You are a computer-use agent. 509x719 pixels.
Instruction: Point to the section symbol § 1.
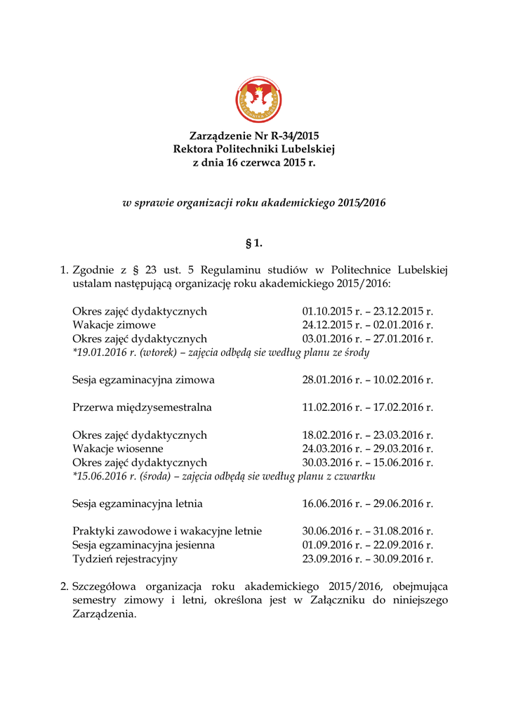[x=254, y=244]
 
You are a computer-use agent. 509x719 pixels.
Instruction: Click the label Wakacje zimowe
[x=114, y=325]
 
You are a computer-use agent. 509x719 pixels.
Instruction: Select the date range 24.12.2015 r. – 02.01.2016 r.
[x=367, y=325]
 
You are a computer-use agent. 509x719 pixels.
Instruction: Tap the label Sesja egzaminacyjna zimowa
[x=143, y=380]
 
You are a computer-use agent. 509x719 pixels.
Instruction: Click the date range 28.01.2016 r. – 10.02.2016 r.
[x=367, y=380]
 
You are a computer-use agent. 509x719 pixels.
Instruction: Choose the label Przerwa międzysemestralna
[x=142, y=407]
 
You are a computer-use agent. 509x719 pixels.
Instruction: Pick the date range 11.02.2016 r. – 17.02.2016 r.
[x=367, y=407]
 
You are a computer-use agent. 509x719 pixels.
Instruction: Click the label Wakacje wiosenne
[x=117, y=449]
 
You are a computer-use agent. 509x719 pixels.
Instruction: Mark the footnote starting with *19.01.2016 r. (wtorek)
[x=220, y=352]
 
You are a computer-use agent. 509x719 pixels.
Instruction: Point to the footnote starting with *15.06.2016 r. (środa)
[x=223, y=476]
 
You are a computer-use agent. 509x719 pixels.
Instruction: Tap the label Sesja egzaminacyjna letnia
[x=138, y=503]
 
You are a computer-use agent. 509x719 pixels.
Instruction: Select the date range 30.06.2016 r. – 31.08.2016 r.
[x=367, y=532]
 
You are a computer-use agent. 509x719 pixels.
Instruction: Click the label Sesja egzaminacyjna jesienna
[x=143, y=545]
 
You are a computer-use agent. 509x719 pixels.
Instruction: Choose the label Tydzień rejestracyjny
[x=125, y=559]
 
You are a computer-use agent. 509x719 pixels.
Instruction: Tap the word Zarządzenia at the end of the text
[x=103, y=613]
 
